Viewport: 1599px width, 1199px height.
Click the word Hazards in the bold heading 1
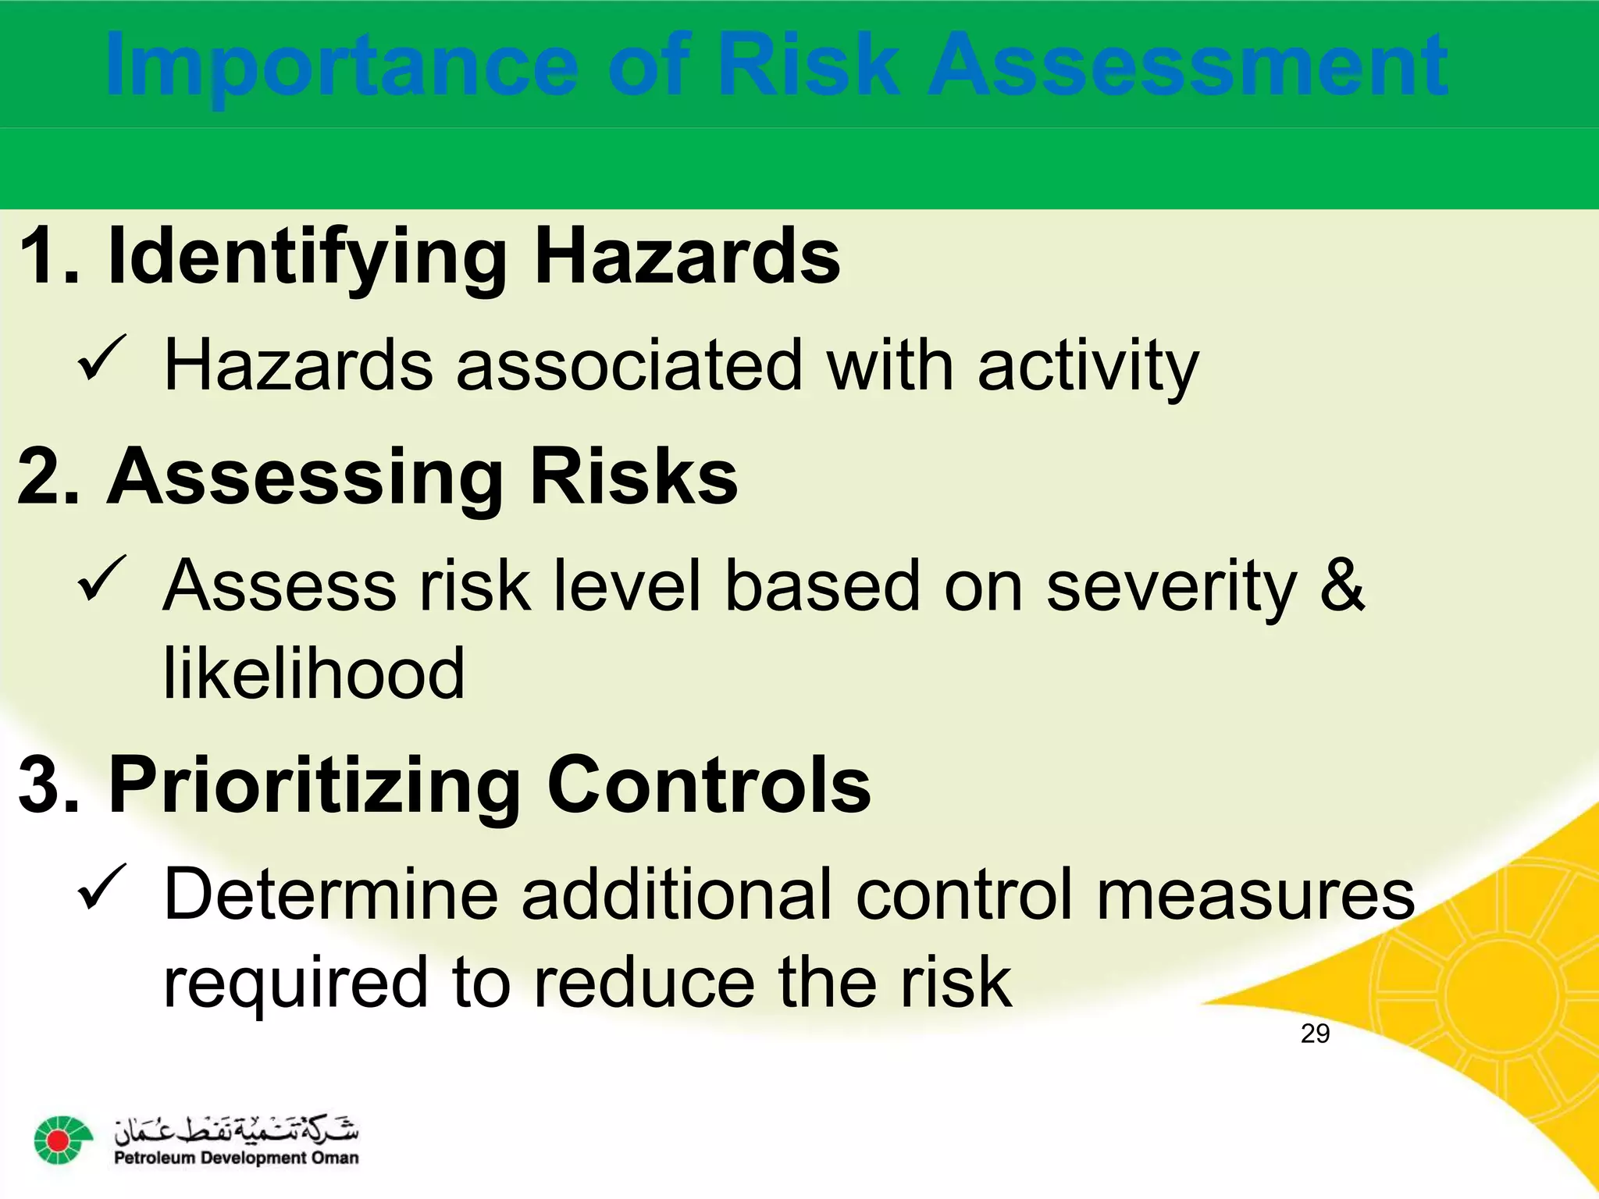pyautogui.click(x=686, y=256)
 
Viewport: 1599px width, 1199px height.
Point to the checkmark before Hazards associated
pyautogui.click(x=101, y=358)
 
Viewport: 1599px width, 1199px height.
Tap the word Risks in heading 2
pyautogui.click(x=633, y=476)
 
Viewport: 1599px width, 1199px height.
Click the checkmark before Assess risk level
pyautogui.click(x=101, y=578)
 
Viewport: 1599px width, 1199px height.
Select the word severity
pyautogui.click(x=1171, y=586)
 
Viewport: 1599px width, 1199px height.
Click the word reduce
pyautogui.click(x=644, y=982)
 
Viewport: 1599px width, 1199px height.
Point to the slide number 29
pyautogui.click(x=1315, y=1034)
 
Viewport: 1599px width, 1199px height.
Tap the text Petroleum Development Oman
pyautogui.click(x=237, y=1158)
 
